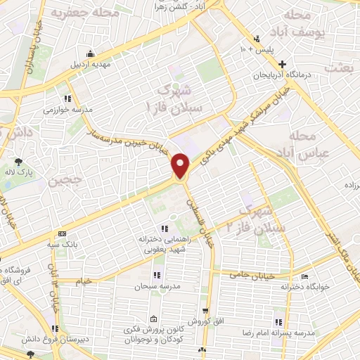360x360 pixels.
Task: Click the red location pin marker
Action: tap(181, 165)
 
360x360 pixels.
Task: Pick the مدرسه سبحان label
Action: tap(155, 286)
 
